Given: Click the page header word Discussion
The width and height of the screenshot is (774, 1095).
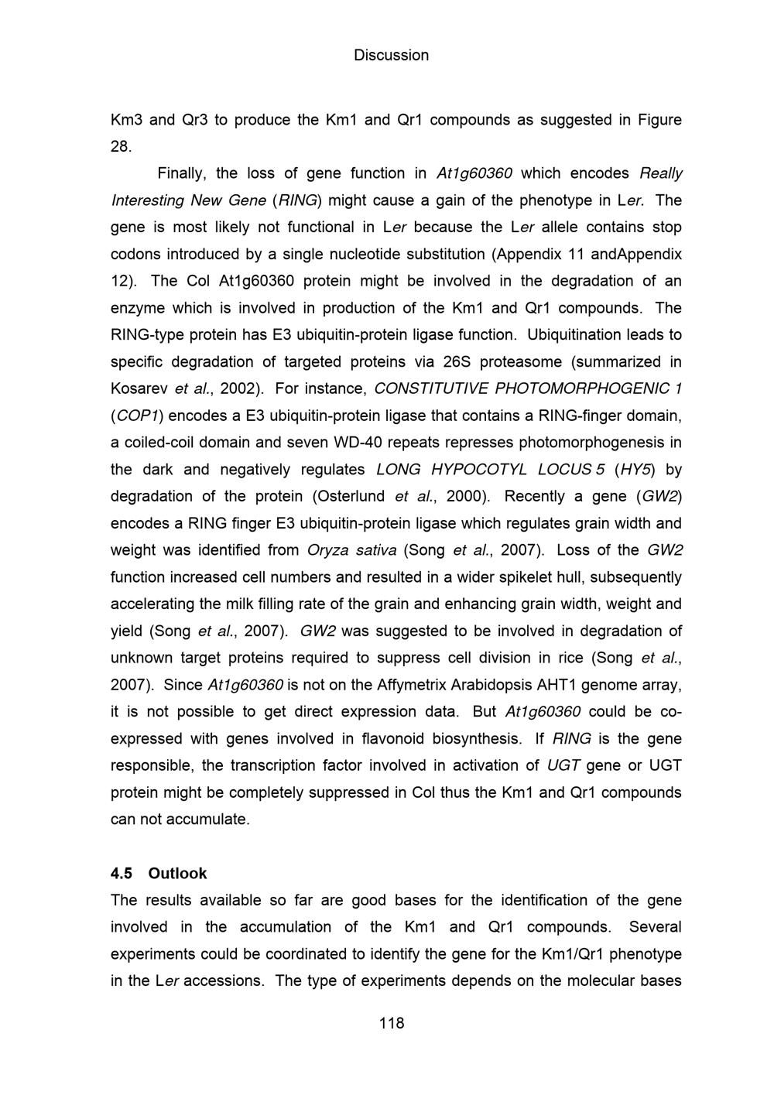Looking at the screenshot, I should (x=391, y=56).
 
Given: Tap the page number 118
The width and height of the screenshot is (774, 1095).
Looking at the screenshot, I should (x=391, y=1023).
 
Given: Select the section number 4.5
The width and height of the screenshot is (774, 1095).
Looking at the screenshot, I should (x=122, y=873).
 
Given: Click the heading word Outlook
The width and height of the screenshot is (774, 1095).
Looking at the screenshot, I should (x=177, y=873).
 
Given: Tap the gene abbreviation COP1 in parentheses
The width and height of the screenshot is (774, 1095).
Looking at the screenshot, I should (x=135, y=416).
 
